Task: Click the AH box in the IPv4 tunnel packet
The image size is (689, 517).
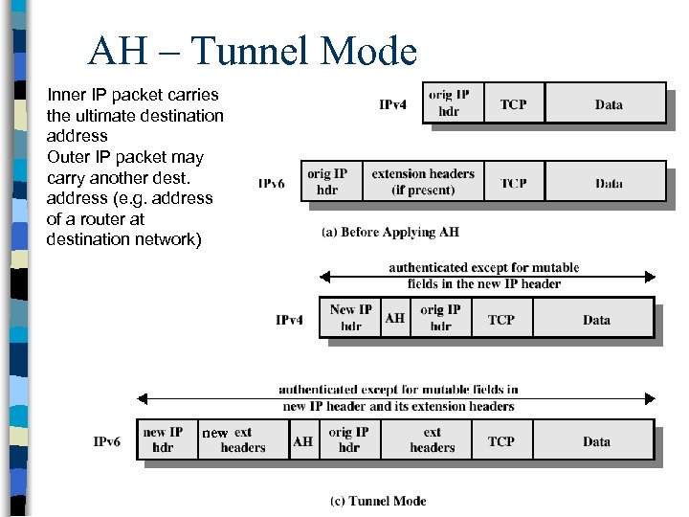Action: (394, 319)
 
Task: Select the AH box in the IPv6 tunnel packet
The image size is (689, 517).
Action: (302, 441)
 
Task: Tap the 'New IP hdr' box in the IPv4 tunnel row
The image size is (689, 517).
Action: (350, 319)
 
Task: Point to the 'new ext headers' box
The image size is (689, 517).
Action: (242, 440)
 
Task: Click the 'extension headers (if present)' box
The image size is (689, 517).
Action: (422, 182)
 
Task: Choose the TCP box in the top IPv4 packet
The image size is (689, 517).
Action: (513, 104)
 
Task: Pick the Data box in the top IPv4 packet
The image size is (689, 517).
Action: (608, 104)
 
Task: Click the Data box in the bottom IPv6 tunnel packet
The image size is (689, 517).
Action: (596, 441)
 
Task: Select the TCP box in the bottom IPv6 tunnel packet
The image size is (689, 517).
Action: (500, 441)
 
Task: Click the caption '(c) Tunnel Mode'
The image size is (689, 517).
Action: (378, 501)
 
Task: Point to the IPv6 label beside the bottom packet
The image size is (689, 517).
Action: (107, 441)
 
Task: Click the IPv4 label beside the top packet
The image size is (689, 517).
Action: (393, 104)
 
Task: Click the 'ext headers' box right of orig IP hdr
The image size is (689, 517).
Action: (433, 440)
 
